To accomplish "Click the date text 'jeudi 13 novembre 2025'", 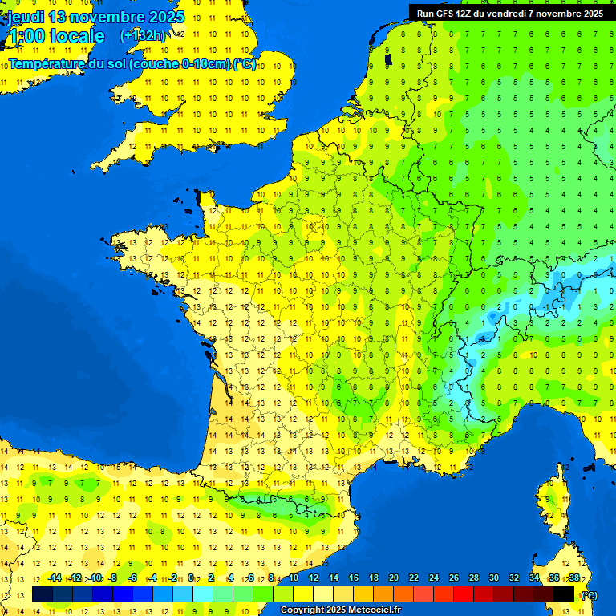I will pyautogui.click(x=96, y=17).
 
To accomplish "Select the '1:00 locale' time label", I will pyautogui.click(x=56, y=36).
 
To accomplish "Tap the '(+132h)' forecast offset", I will pyautogui.click(x=143, y=35).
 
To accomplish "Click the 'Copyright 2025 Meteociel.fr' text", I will pyautogui.click(x=340, y=610).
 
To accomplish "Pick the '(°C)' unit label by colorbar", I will pyautogui.click(x=588, y=595).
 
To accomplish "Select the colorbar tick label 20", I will pyautogui.click(x=393, y=578).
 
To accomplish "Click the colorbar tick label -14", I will pyautogui.click(x=55, y=578).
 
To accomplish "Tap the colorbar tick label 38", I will pyautogui.click(x=573, y=578).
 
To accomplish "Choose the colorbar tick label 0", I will pyautogui.click(x=191, y=578).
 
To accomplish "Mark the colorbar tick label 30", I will pyautogui.click(x=493, y=578).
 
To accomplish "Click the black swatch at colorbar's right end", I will pyautogui.click(x=564, y=594).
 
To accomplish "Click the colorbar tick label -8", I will pyautogui.click(x=114, y=578).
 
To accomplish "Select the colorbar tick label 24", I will pyautogui.click(x=433, y=578).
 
